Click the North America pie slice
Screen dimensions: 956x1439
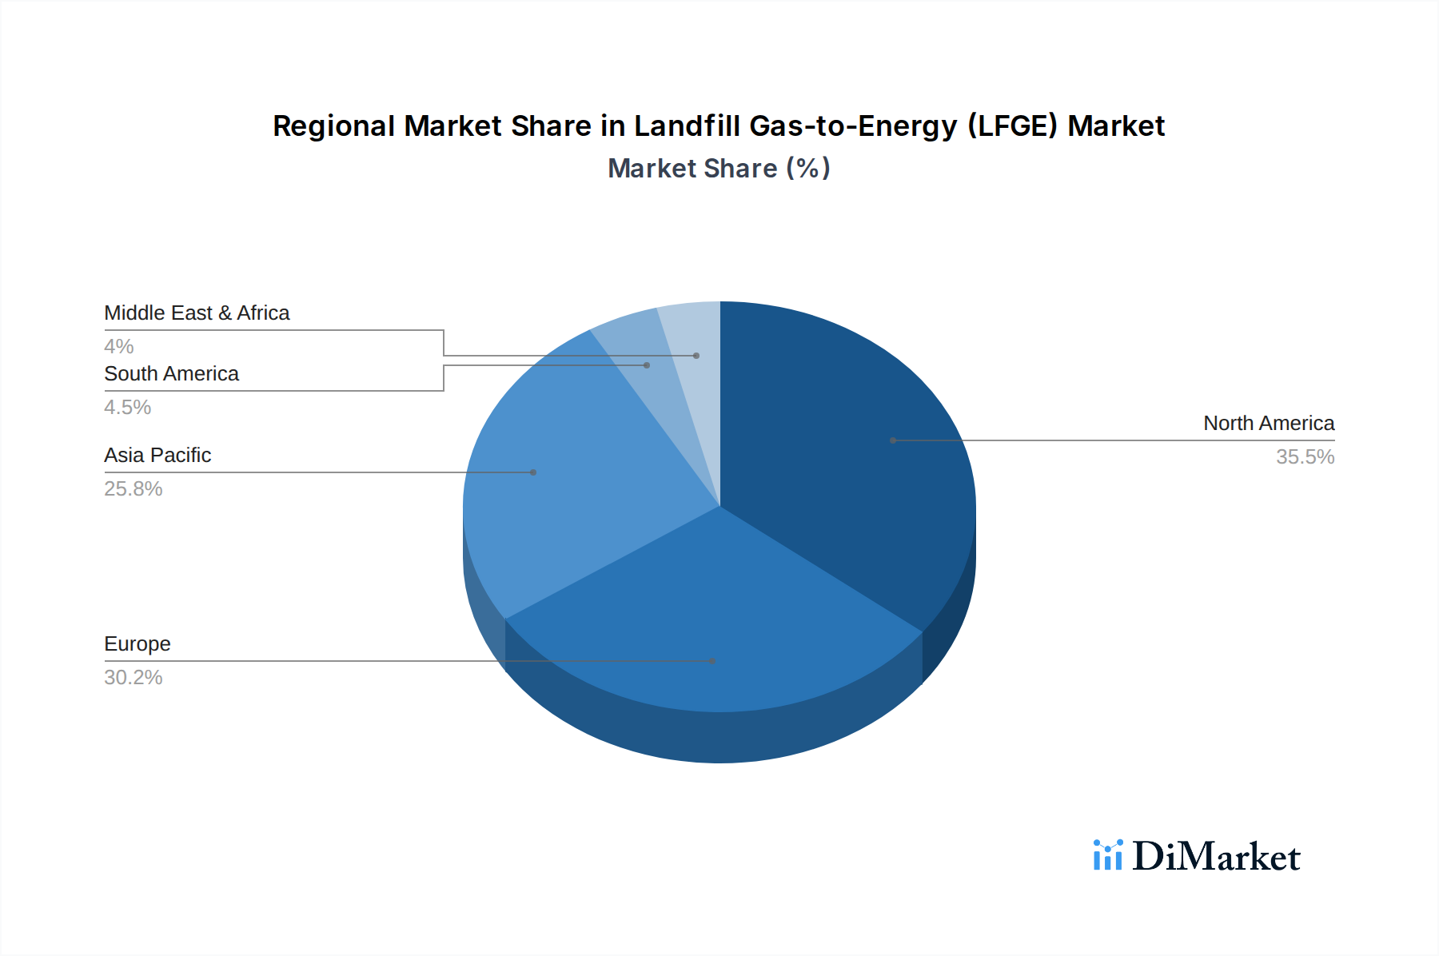(847, 448)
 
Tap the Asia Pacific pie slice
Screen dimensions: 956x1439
(576, 480)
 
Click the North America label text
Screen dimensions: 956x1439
(1268, 423)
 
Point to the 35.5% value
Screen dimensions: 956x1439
(1305, 456)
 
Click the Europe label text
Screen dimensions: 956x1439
(137, 643)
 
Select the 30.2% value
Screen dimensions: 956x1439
(133, 677)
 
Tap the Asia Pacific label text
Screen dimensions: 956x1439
(157, 455)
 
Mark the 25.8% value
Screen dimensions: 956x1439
(133, 488)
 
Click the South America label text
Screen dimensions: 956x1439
(171, 373)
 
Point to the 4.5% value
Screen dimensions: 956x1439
(127, 407)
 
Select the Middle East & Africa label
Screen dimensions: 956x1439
(197, 313)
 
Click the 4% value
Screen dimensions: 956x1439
(118, 346)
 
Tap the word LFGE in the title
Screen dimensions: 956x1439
(1012, 126)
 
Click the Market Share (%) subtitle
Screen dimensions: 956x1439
(719, 168)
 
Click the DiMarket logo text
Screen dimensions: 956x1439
(1216, 856)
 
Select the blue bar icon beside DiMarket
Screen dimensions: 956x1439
(1107, 855)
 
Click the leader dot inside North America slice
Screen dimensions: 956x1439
(893, 440)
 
